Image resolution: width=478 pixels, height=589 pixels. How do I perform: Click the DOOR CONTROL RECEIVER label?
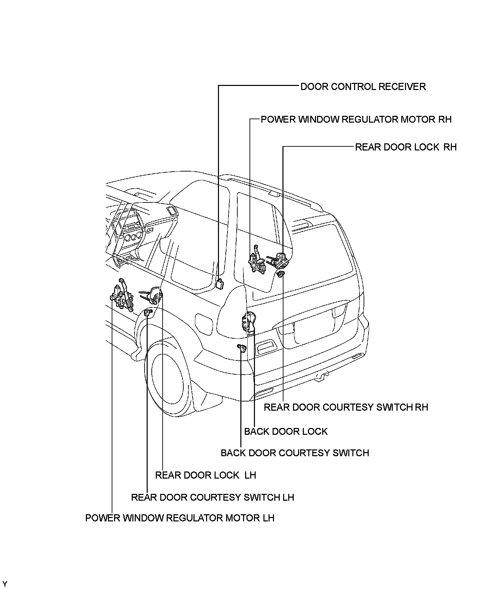[363, 87]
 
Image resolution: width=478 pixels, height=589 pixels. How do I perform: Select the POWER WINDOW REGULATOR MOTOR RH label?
[356, 120]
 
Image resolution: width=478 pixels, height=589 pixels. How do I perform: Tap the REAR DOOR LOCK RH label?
[406, 147]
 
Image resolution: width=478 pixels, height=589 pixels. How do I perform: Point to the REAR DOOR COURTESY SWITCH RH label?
[346, 407]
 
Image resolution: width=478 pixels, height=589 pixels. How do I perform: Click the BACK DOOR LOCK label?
[286, 431]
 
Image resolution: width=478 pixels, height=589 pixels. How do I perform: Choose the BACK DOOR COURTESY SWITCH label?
[295, 453]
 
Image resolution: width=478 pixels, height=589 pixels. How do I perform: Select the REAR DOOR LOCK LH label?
[205, 475]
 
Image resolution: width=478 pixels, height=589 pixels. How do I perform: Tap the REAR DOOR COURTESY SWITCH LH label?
[213, 497]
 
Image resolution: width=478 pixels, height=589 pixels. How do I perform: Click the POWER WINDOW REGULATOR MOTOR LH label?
[180, 518]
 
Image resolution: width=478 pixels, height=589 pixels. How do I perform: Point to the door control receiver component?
[220, 284]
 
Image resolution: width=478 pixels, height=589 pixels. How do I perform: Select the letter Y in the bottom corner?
[4, 584]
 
